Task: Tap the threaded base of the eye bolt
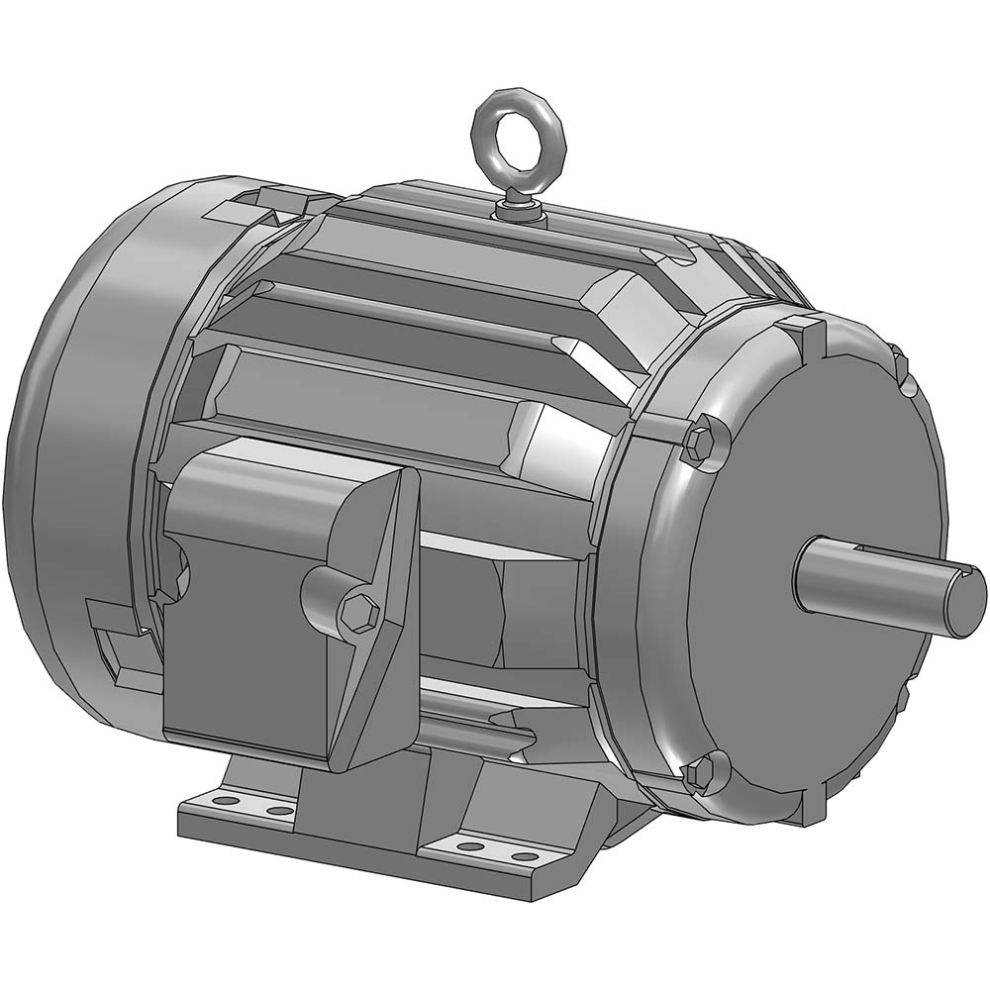click(519, 207)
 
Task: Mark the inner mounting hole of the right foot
click(469, 846)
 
